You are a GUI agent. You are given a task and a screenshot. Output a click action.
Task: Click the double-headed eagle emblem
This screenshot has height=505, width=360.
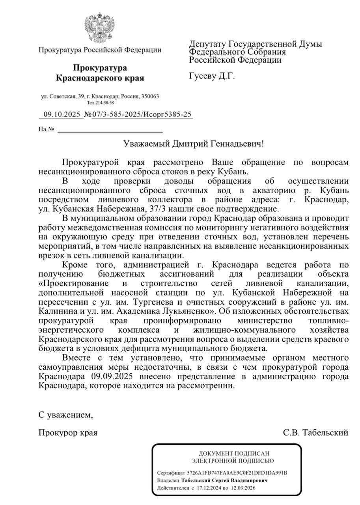pos(99,28)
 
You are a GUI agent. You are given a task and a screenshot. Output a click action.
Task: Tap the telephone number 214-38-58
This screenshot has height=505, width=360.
pos(104,103)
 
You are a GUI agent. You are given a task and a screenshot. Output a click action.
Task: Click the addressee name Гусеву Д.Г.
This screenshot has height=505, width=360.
pos(212,76)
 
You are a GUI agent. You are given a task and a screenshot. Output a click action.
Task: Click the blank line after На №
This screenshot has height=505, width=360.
pos(110,129)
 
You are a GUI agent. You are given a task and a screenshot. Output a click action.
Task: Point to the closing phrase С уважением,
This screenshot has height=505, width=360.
pos(66,415)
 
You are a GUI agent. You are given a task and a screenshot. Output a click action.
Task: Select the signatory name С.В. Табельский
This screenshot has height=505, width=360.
pos(315,433)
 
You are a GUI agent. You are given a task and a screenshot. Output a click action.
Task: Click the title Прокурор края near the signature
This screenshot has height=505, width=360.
pos(68,433)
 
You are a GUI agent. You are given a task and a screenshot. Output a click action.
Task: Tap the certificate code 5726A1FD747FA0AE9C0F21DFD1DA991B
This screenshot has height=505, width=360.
pos(237,473)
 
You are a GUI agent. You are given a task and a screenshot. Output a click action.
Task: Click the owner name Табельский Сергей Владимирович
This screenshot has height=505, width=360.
pos(224,481)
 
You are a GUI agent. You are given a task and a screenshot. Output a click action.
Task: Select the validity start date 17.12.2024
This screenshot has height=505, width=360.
pos(209,488)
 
